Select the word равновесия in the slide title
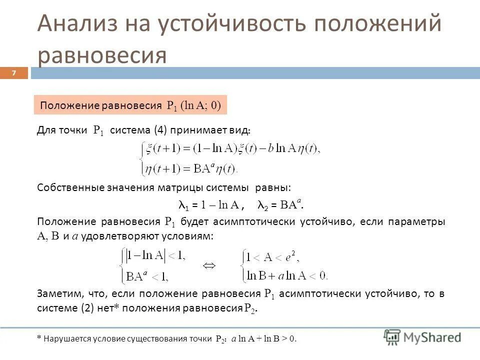[x=102, y=55]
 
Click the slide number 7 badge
[x=14, y=73]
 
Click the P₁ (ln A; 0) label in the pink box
[x=194, y=105]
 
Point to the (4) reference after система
[x=160, y=130]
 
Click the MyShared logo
[x=422, y=336]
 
